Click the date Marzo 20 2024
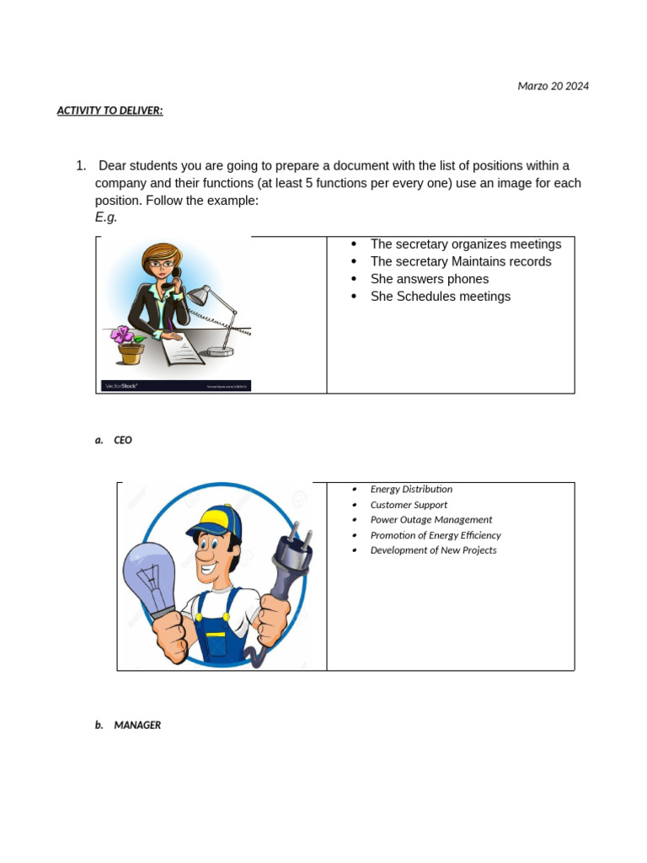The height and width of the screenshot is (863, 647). (x=553, y=86)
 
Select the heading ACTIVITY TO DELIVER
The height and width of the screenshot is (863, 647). (x=110, y=110)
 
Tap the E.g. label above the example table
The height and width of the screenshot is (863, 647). (x=106, y=217)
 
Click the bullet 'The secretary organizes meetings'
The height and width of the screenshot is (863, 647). (x=465, y=244)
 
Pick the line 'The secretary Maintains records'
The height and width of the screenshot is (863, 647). (x=461, y=262)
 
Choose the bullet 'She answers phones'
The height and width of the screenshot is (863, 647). (x=429, y=279)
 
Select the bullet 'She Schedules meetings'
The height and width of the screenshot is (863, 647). (x=440, y=297)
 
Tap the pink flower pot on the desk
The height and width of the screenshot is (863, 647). (x=129, y=346)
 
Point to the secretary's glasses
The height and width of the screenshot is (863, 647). (x=163, y=264)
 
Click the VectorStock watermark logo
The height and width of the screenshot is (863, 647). (x=120, y=386)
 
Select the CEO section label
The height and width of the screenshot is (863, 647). (x=122, y=440)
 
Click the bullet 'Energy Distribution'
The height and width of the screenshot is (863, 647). (x=411, y=490)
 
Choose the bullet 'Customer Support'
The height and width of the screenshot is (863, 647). (x=409, y=505)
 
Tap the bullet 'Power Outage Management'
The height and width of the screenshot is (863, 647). (x=430, y=520)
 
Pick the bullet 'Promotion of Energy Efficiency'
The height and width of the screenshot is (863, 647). (x=435, y=535)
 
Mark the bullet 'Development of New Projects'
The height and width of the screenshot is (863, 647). (x=433, y=550)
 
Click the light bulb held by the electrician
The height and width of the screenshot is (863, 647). (x=151, y=574)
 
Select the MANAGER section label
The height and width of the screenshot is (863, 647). (x=136, y=725)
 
